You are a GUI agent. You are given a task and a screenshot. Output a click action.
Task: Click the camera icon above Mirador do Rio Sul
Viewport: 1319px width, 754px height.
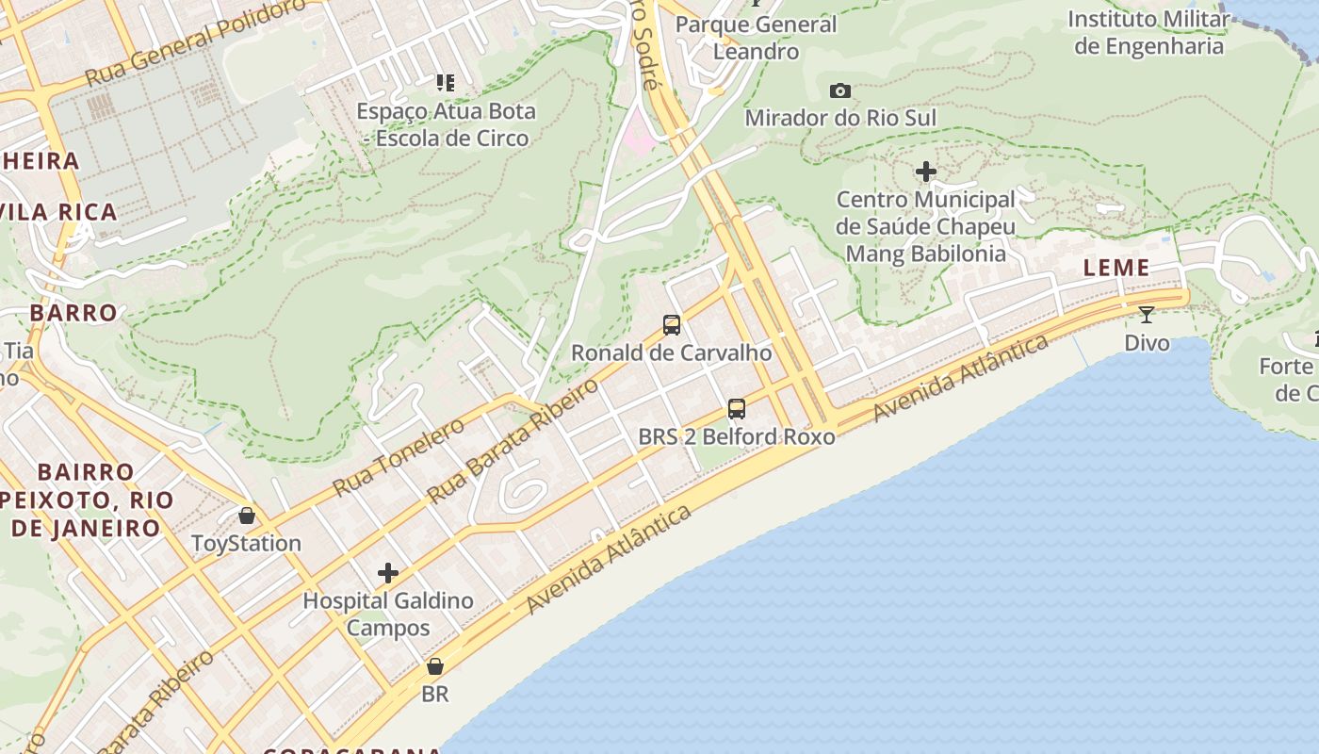[x=840, y=91]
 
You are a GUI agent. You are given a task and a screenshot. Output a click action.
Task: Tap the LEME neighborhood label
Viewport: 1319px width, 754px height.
[x=1116, y=268]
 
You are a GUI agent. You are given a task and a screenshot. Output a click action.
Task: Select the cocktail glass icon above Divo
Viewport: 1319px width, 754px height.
[x=1147, y=315]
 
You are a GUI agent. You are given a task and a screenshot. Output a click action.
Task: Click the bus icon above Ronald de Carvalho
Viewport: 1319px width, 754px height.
[x=672, y=325]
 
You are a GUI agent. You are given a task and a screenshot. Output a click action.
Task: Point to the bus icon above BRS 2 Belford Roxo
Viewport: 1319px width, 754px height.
[x=737, y=409]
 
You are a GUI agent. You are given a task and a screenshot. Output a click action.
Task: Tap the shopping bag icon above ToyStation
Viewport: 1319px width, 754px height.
[x=247, y=516]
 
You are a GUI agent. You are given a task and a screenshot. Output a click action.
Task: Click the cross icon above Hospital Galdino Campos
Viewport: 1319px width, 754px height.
[x=388, y=573]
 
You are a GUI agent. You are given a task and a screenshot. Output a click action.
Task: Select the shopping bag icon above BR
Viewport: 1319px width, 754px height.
[x=435, y=666]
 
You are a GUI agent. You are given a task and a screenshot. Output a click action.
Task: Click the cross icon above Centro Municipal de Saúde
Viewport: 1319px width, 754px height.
[x=926, y=172]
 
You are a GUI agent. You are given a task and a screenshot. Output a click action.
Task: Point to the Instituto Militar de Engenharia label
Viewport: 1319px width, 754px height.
[x=1148, y=33]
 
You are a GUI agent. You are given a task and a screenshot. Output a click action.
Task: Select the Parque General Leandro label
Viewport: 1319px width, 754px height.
[x=756, y=38]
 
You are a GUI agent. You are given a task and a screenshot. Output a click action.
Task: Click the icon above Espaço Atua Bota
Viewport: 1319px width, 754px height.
[x=446, y=83]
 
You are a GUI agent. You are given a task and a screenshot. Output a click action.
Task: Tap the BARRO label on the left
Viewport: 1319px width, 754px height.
[x=73, y=313]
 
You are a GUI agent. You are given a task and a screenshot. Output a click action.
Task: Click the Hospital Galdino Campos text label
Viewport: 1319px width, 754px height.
[x=388, y=614]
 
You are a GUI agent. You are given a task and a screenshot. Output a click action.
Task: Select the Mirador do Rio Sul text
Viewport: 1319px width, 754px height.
[x=840, y=118]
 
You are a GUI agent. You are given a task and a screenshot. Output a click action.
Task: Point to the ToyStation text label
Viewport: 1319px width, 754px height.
[x=247, y=543]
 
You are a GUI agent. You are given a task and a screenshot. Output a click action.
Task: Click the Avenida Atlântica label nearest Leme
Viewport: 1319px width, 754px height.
[x=960, y=378]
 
